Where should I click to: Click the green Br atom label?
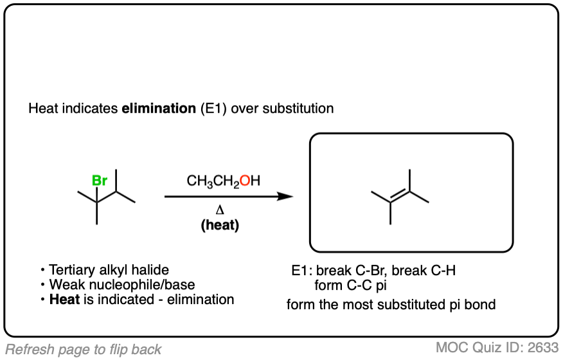(100, 181)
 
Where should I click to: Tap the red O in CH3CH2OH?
(245, 181)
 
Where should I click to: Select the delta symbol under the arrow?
(219, 211)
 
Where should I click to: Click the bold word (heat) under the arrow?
(219, 226)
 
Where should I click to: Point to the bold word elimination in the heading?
(154, 108)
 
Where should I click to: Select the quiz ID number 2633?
(543, 348)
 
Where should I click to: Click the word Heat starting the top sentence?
(42, 108)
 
